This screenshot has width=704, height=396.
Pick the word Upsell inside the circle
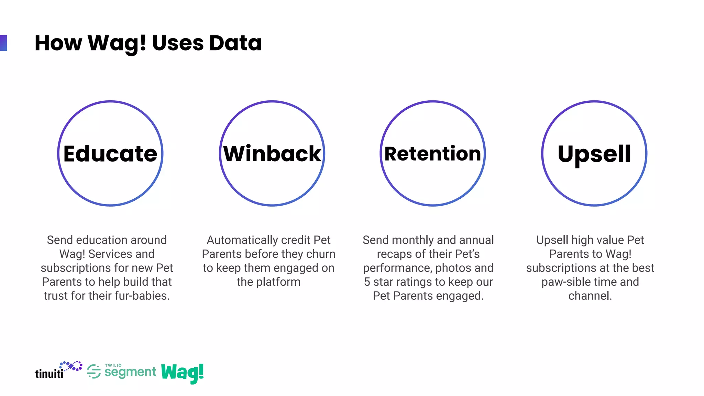(x=594, y=154)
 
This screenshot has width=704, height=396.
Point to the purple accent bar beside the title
(x=3, y=43)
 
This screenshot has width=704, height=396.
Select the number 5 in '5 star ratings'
(x=367, y=282)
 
